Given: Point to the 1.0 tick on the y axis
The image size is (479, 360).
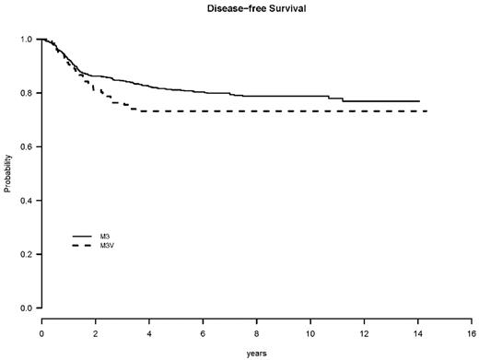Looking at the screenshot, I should [26, 40].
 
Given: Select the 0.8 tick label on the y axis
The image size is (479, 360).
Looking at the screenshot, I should [26, 93].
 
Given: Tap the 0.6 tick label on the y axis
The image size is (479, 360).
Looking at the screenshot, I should [26, 146].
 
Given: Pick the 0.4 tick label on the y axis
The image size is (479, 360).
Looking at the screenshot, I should [26, 200].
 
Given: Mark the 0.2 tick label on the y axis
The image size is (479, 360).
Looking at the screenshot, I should [26, 254].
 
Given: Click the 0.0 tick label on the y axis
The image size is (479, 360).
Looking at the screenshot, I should [26, 308].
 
